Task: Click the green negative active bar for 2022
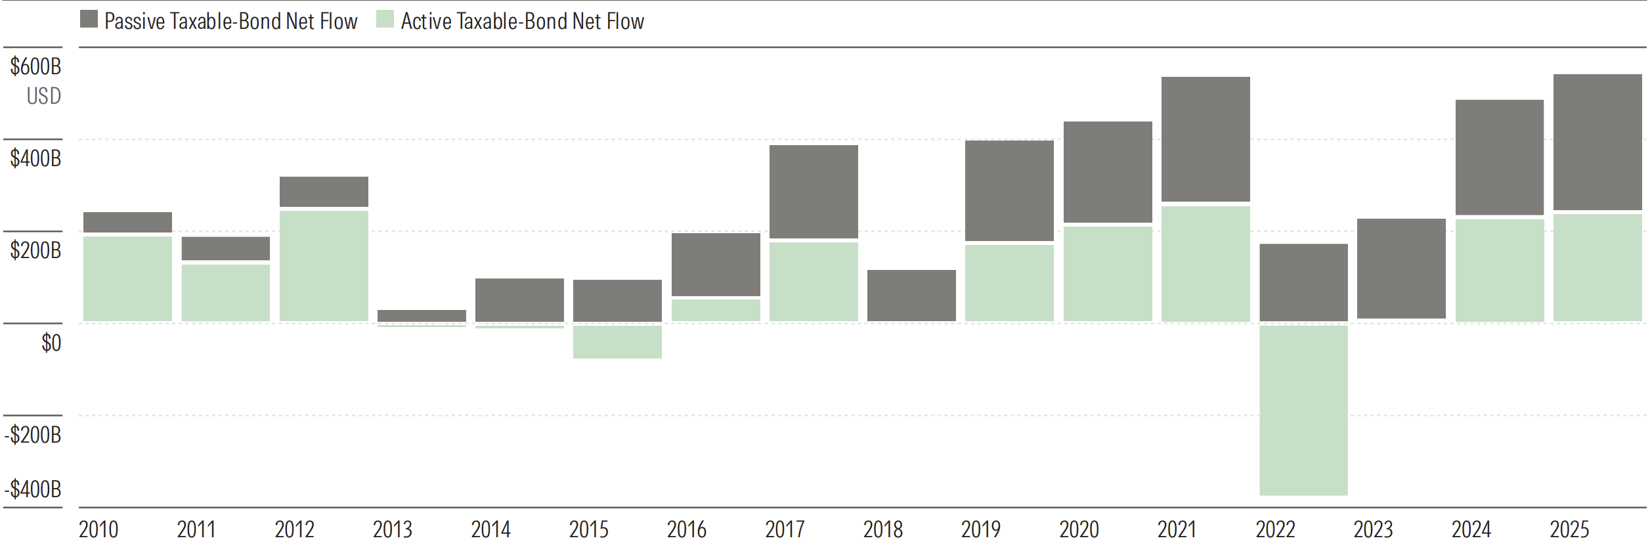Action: [1303, 410]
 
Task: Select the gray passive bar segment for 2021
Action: [1206, 139]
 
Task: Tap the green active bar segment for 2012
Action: [324, 265]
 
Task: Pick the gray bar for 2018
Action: [911, 295]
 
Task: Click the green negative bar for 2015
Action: [617, 342]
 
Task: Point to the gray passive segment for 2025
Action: [1597, 142]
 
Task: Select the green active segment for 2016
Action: [716, 310]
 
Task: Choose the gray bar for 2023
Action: [1401, 268]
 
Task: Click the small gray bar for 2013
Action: [422, 315]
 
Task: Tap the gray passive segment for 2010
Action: [127, 222]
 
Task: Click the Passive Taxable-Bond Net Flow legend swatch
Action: [89, 19]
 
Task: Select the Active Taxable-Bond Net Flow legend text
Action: [522, 22]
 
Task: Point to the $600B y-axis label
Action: [35, 66]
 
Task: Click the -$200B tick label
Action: [33, 435]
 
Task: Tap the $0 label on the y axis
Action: [51, 343]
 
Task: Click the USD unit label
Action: [43, 96]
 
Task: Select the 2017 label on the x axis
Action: [785, 529]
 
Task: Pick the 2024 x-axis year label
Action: [1471, 529]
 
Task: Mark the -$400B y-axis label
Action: [33, 489]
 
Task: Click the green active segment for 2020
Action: [1108, 273]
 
